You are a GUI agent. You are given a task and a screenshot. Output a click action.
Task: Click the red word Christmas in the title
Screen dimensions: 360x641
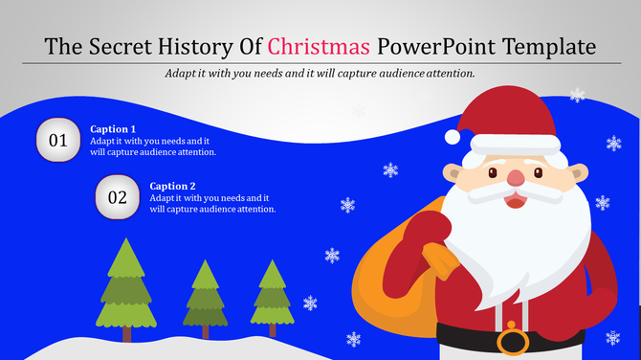(319, 46)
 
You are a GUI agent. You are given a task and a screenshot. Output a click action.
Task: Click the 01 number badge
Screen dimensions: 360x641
(58, 141)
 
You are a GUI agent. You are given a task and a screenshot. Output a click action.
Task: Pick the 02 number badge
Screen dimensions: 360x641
(118, 197)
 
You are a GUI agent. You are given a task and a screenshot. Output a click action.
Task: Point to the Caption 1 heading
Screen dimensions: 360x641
(113, 128)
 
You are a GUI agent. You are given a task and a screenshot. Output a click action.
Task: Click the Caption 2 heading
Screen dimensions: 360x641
(172, 186)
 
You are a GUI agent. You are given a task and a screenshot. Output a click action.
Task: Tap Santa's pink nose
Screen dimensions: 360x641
(516, 178)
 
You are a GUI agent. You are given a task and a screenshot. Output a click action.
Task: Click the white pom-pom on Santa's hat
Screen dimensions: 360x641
(453, 137)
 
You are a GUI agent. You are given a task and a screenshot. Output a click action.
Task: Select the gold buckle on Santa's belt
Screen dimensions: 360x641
(512, 341)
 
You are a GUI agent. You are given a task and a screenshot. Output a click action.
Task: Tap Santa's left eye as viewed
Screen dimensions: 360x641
(492, 173)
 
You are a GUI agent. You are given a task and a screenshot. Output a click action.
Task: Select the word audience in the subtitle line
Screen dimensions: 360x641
(379, 73)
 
